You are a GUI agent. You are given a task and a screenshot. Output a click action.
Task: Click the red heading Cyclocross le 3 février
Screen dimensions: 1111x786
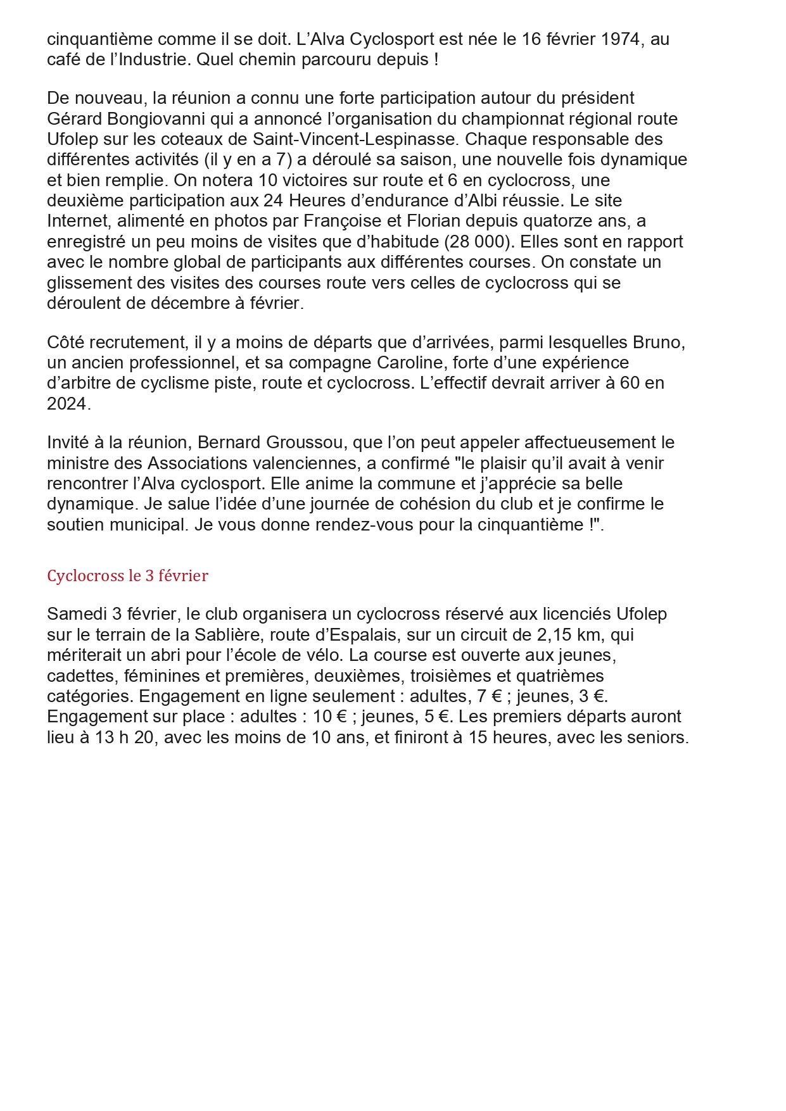127,576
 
